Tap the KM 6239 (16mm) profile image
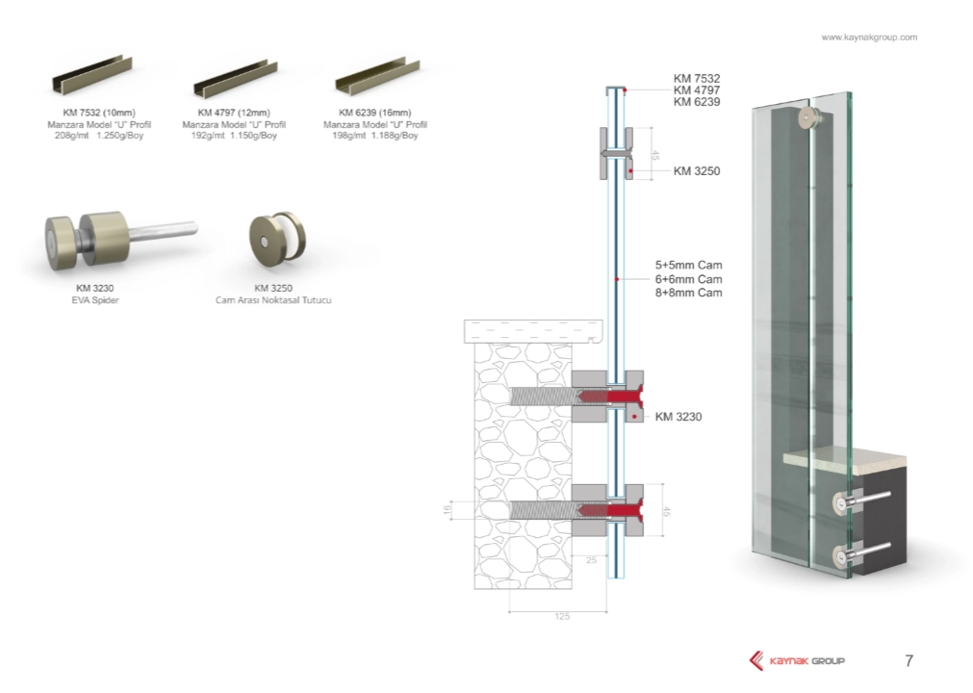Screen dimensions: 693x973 click(x=377, y=76)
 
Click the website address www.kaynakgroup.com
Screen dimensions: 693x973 click(x=868, y=38)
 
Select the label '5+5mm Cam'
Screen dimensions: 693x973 click(x=688, y=265)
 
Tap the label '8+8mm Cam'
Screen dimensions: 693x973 click(x=688, y=293)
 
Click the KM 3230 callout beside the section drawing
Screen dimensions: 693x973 click(x=679, y=417)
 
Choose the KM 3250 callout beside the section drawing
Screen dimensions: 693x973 click(x=697, y=171)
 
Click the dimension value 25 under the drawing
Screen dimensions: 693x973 click(x=591, y=559)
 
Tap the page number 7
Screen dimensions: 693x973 click(x=909, y=660)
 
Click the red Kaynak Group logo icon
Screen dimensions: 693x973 click(x=756, y=660)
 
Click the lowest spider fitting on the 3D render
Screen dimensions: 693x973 click(x=846, y=555)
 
